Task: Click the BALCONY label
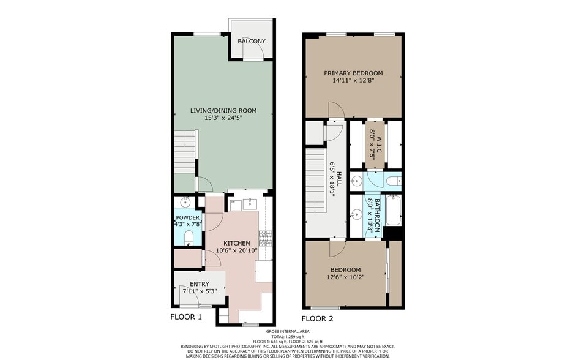click(252, 41)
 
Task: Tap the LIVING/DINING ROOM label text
click(223, 111)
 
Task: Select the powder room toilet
click(189, 236)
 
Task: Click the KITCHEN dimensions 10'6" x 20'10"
click(236, 250)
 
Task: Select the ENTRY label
click(199, 284)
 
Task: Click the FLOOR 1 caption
click(185, 317)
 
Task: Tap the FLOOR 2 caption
click(316, 318)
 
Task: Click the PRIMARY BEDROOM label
click(353, 73)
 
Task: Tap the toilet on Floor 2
click(392, 181)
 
